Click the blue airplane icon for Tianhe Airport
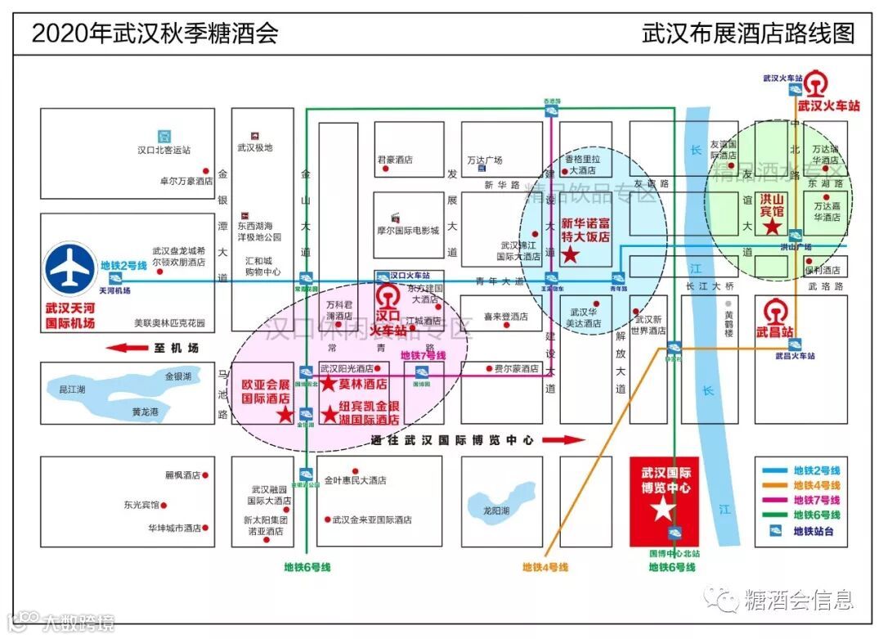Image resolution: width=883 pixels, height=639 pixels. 70,268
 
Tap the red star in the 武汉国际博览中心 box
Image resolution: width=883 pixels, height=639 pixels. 663,510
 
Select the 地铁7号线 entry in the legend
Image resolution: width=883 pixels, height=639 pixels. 816,500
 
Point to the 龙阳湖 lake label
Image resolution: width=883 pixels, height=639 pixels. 496,510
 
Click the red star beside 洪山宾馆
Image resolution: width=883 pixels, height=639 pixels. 770,224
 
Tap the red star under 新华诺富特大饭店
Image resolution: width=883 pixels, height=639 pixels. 571,255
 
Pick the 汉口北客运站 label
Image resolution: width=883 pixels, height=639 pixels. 164,150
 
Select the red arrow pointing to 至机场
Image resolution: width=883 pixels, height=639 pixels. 126,348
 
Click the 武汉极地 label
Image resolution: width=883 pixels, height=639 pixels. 254,147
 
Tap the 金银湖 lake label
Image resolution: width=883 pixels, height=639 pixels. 177,377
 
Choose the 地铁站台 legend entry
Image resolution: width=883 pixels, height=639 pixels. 816,531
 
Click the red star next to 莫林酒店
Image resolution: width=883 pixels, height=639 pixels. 328,384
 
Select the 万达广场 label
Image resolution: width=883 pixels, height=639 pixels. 484,160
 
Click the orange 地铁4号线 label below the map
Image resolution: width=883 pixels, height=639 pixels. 545,566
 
